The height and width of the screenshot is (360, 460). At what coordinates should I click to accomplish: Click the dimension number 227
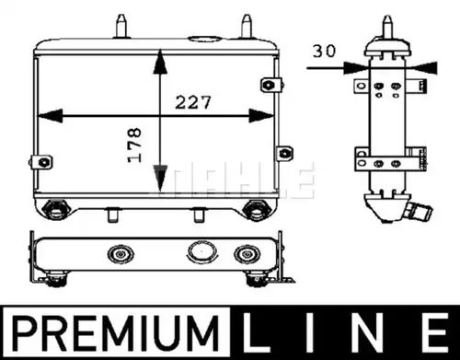click(193, 102)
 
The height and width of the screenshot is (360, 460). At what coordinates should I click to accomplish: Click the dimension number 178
click(134, 145)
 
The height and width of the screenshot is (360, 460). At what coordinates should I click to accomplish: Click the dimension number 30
click(324, 51)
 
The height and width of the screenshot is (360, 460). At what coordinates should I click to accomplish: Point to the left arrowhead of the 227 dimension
click(50, 116)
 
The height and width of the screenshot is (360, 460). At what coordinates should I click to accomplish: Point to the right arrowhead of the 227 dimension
click(261, 116)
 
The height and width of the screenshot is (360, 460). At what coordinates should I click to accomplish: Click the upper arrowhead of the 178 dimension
click(160, 63)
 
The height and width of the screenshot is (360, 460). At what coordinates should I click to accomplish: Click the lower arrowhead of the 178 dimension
click(160, 178)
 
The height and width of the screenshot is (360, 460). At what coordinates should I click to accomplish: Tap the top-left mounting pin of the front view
click(121, 27)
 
